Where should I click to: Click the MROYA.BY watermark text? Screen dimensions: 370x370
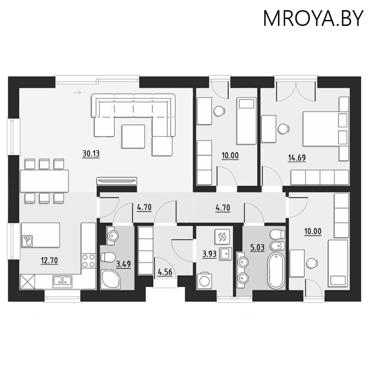[x=313, y=18]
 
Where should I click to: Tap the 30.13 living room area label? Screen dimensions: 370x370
[x=91, y=154]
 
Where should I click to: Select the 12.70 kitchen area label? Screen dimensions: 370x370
[x=49, y=260]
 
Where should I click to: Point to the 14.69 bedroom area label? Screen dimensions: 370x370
[x=297, y=157]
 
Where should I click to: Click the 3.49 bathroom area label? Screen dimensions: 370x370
[x=123, y=264]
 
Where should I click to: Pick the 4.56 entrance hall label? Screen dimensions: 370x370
[x=165, y=272]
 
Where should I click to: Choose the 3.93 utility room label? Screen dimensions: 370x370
[x=210, y=254]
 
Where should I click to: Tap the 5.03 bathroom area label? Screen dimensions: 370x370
[x=257, y=247]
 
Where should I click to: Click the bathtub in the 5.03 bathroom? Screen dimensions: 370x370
[x=276, y=271]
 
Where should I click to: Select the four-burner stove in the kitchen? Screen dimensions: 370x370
[x=88, y=261]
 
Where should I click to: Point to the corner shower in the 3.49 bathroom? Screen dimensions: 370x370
[x=111, y=279]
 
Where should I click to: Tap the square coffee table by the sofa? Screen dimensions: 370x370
[x=133, y=136]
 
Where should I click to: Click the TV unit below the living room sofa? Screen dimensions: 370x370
[x=117, y=181]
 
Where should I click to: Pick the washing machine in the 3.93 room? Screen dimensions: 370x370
[x=204, y=280]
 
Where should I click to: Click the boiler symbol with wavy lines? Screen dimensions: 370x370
[x=222, y=237]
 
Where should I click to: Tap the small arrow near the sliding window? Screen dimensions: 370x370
[x=77, y=93]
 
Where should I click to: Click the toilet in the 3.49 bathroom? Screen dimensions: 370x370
[x=108, y=257]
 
